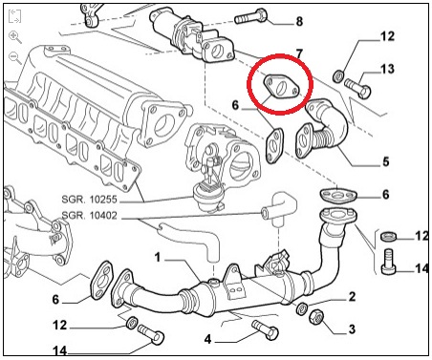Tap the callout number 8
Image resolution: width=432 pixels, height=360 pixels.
[x=299, y=22]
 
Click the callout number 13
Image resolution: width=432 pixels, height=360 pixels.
[x=387, y=69]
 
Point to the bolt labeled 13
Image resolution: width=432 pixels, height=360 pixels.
[x=357, y=88]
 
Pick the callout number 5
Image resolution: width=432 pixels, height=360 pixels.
[x=386, y=161]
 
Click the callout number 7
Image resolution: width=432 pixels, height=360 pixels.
[x=298, y=54]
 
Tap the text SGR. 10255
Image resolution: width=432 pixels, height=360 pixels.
[x=90, y=200]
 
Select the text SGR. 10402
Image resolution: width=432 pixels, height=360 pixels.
[x=90, y=216]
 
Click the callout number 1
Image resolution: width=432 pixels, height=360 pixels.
[x=158, y=257]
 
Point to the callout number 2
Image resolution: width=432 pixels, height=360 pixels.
[x=352, y=296]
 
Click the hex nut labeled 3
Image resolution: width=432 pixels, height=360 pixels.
[x=316, y=317]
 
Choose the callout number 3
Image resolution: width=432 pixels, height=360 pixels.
[x=352, y=328]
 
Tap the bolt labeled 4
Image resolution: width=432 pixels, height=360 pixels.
[x=265, y=330]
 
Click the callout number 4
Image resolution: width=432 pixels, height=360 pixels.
[x=207, y=339]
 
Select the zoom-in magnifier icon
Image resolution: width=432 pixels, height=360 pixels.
[x=15, y=37]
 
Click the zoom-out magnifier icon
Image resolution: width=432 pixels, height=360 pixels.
[x=15, y=58]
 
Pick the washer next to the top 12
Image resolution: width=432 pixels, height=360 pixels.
[x=338, y=75]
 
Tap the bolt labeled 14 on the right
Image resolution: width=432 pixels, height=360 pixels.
[x=388, y=262]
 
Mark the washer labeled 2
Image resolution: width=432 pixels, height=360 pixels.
[x=302, y=308]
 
